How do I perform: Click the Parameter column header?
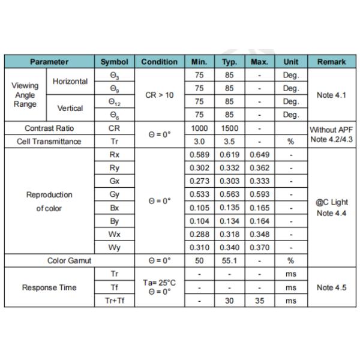coord(49,62)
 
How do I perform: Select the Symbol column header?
coord(114,62)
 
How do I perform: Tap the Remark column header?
coord(332,62)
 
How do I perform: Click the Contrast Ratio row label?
coord(49,128)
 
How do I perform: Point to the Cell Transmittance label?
coord(49,142)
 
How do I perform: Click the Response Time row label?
coord(49,287)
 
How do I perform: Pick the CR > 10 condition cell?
coord(159,95)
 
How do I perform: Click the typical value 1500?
coord(229,128)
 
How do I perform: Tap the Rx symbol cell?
coord(114,155)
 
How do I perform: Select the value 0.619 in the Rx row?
coord(229,155)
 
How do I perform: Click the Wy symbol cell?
coord(114,247)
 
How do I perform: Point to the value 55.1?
coord(229,261)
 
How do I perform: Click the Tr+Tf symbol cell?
coord(114,301)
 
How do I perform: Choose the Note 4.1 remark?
coord(332,95)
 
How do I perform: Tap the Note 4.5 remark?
coord(332,287)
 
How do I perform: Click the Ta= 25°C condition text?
coord(159,283)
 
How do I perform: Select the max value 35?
coord(259,301)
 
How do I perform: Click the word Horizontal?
coord(70,82)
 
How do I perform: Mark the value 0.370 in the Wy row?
coord(259,247)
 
